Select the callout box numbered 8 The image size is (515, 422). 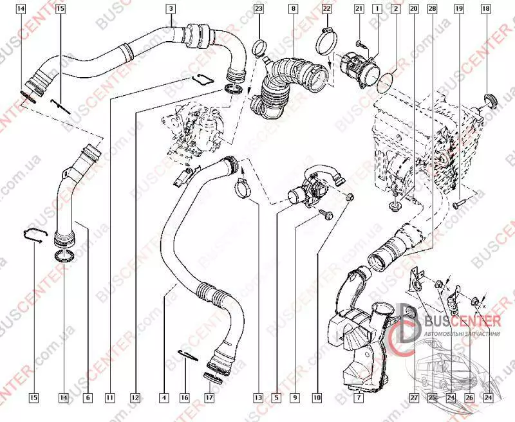pos(294,9)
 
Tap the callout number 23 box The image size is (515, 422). pos(258,9)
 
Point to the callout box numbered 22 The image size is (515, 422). pos(326,9)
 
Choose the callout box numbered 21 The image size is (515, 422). pos(359,9)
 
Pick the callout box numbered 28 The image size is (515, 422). pos(432,9)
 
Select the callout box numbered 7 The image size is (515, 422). pos(359,398)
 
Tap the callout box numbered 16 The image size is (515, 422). pos(185,398)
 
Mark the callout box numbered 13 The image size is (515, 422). pos(258,398)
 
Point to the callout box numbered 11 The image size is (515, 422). pos(110,398)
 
